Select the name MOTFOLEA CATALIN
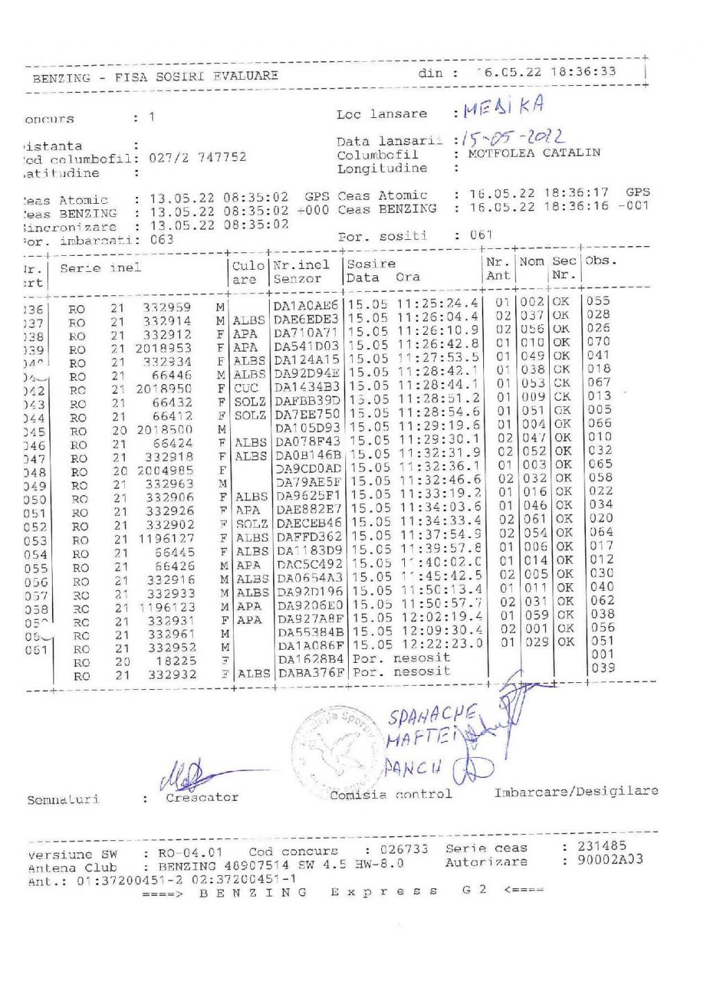pyautogui.click(x=534, y=153)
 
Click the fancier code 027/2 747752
pyautogui.click(x=198, y=157)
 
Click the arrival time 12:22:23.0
pyautogui.click(x=440, y=643)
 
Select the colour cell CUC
pyautogui.click(x=246, y=388)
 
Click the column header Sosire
pyautogui.click(x=372, y=264)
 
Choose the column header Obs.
pyautogui.click(x=600, y=261)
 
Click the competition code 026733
pyautogui.click(x=404, y=849)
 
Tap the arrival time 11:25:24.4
pyautogui.click(x=438, y=304)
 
